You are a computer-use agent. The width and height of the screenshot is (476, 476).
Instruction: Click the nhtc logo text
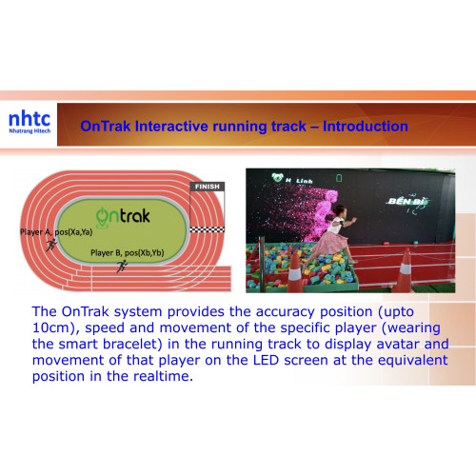(30, 120)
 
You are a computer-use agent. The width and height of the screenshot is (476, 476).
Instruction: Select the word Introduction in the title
(365, 127)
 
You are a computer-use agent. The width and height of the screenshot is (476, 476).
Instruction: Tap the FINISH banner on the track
(207, 188)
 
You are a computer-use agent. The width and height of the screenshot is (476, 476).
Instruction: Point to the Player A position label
(56, 231)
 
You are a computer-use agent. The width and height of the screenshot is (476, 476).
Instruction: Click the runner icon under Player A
(50, 244)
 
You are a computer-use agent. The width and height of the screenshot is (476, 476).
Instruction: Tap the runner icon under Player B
(121, 266)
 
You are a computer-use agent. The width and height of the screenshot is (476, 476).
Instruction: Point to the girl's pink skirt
(328, 242)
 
